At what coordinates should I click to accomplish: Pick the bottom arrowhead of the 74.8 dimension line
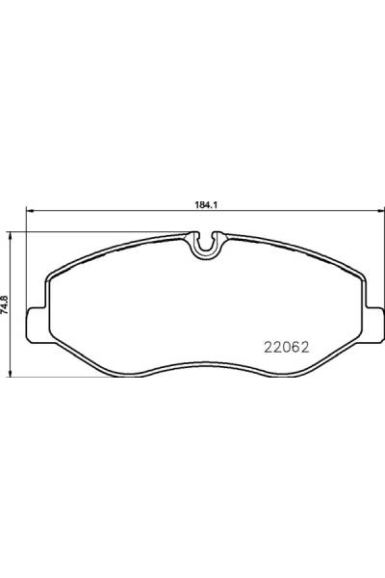[x=10, y=374]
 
